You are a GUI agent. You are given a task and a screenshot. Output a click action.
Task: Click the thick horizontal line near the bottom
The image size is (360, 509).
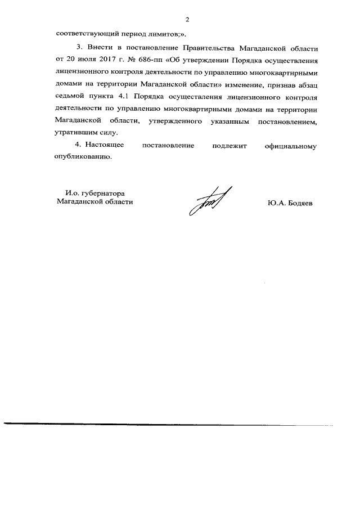[169, 424]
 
